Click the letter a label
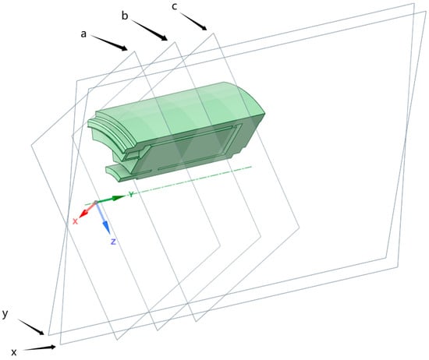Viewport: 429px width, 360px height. coord(83,34)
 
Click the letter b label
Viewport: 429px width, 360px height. coord(125,16)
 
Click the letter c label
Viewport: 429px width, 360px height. coord(174,6)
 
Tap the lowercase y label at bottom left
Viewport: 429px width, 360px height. coord(5,314)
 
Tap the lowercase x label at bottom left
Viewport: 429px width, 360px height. coord(14,352)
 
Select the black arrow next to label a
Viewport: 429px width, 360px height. coord(109,43)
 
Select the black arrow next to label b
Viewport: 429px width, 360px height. coord(149,30)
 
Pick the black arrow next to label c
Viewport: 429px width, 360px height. coord(193,22)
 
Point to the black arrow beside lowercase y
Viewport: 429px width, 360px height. coord(31,327)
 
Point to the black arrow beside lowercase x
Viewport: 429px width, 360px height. coord(40,348)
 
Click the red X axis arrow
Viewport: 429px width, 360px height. coord(87,210)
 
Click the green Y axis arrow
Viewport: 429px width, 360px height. coord(111,199)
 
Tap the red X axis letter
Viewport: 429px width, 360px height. coord(75,221)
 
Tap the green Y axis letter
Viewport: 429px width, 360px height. coord(132,194)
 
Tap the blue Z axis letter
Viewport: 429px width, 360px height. coord(113,242)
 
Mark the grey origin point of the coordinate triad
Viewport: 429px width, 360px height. coord(96,203)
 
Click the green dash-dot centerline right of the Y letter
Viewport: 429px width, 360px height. coord(193,180)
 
